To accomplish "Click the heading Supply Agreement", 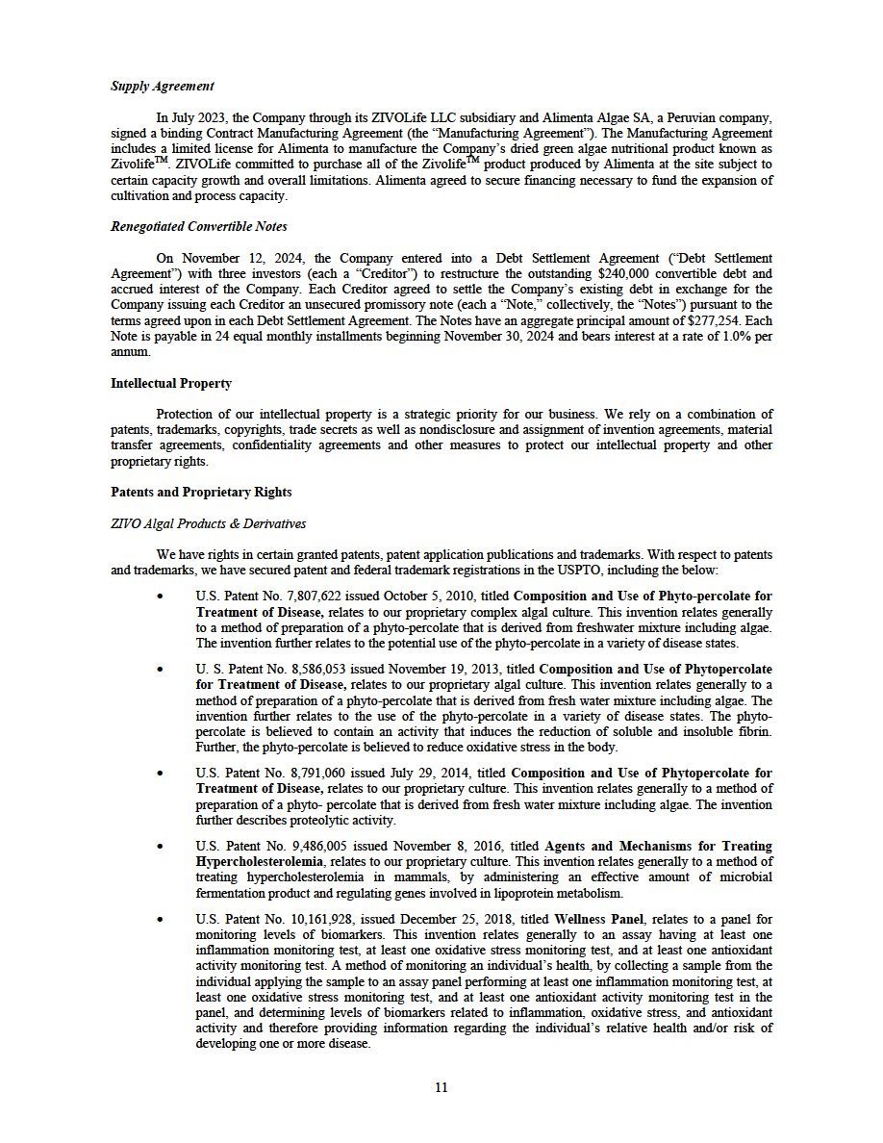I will click(162, 87).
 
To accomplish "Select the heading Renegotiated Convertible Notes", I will click(199, 227).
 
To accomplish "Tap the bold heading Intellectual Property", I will click(171, 383).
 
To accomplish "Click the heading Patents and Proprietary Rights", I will click(201, 493).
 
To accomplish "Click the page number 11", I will click(441, 1088).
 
